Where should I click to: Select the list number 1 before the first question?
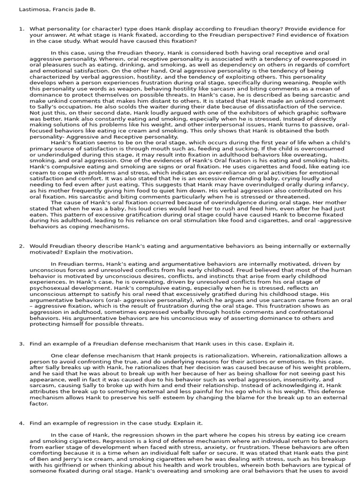coord(21,29)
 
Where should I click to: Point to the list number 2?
coord(21,246)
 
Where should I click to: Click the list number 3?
coord(21,343)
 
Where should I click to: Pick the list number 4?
coord(21,423)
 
